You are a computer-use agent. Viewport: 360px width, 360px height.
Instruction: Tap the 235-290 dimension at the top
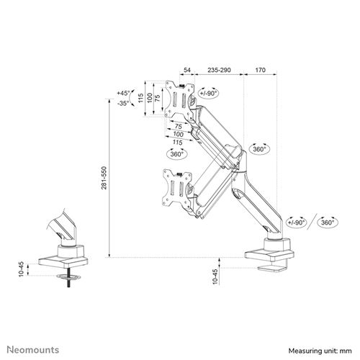click(219, 71)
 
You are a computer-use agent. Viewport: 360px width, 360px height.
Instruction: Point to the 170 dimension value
click(261, 71)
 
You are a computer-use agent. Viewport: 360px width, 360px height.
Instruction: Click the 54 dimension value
click(187, 71)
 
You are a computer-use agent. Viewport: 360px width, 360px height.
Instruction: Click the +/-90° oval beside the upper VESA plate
click(209, 94)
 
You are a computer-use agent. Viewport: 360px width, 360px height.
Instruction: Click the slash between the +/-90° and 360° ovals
click(312, 223)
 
